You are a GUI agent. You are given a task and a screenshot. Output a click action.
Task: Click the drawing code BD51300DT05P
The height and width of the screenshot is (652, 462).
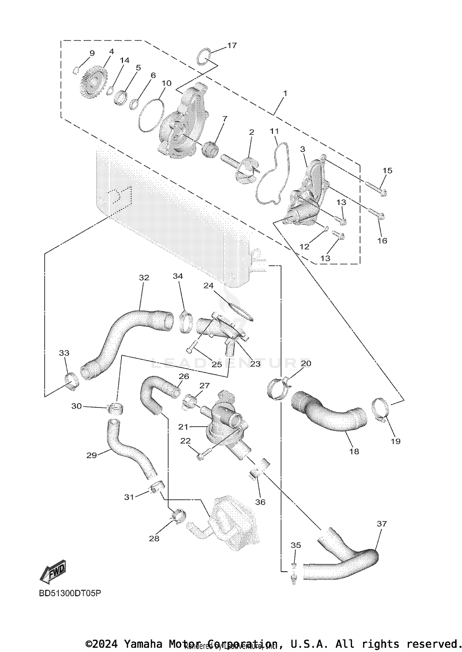[70, 593]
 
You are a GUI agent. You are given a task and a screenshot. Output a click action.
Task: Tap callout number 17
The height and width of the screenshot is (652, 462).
[232, 45]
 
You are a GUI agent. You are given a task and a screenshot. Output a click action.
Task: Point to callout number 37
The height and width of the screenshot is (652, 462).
[382, 524]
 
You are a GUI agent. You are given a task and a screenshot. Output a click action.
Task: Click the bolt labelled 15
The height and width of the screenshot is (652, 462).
[376, 188]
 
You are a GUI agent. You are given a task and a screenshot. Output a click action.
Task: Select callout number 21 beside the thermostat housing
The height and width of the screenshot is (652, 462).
[183, 427]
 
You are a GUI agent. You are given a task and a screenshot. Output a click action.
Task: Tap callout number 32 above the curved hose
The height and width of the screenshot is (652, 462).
[144, 277]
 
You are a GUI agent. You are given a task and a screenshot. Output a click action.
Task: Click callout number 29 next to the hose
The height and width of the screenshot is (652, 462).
[91, 455]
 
